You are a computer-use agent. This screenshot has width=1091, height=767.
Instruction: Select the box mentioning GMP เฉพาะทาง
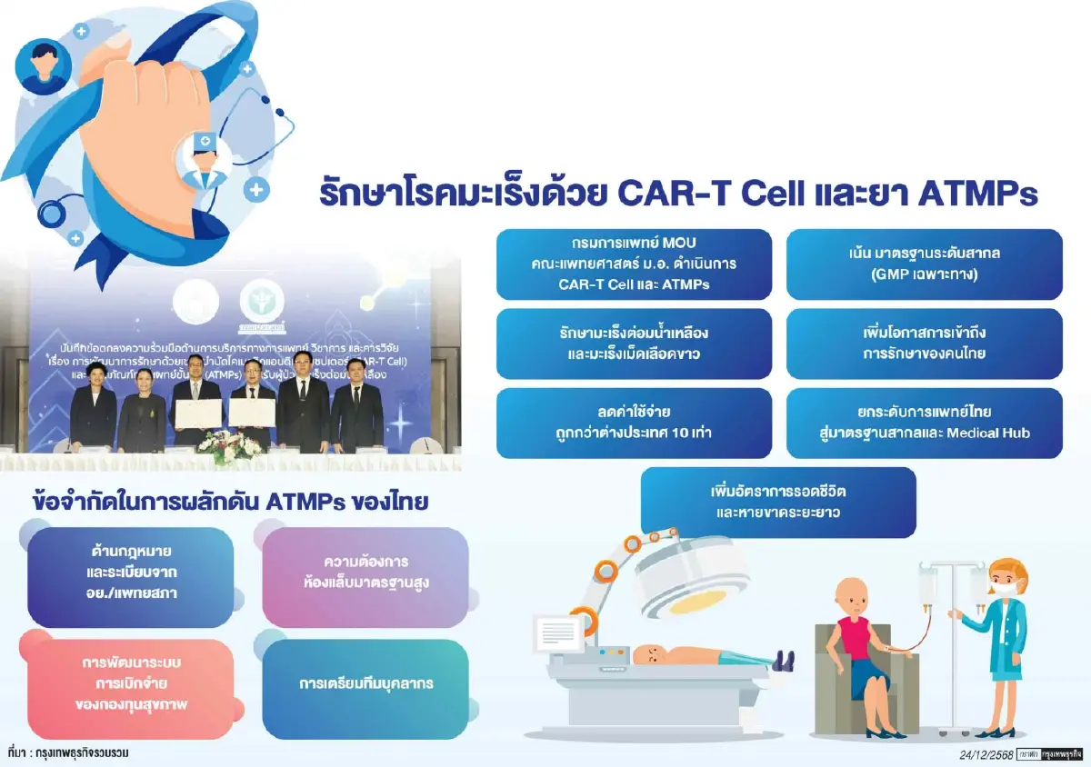pos(924,264)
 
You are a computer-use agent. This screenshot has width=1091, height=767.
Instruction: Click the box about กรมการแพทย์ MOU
pos(634,264)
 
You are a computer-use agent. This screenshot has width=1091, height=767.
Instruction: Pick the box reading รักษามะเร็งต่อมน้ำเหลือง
pos(634,344)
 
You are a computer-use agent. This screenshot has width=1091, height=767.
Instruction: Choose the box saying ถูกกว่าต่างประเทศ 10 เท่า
pos(634,423)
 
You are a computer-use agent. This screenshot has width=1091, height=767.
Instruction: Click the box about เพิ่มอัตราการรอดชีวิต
pos(778,501)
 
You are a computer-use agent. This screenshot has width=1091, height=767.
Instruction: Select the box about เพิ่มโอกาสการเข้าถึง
pos(924,344)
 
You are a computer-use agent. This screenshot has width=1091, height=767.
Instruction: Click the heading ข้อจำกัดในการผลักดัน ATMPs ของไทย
pos(229,502)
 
